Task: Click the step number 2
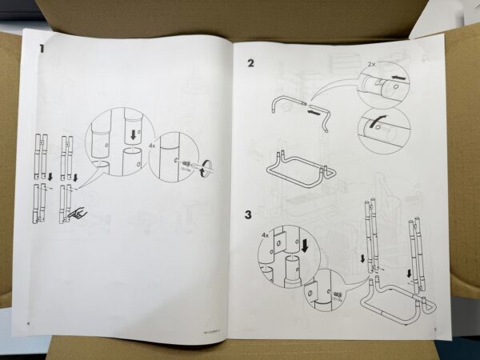(x=250, y=62)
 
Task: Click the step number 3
(x=249, y=214)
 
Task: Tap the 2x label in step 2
(x=370, y=62)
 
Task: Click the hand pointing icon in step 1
(x=78, y=214)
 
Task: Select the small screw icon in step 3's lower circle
(x=337, y=294)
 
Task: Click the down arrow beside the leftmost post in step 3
(x=362, y=258)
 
